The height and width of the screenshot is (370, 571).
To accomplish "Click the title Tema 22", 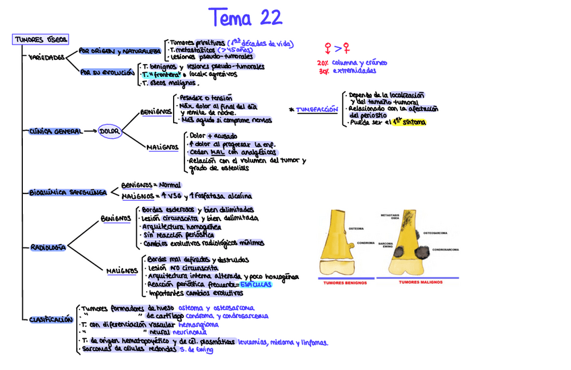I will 245,18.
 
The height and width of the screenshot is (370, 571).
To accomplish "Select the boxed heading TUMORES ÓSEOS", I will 40,40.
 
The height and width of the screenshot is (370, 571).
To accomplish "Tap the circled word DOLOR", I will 109,131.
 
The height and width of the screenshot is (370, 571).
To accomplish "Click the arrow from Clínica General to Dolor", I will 88,131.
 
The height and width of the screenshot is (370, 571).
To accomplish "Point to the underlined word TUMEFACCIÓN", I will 316,109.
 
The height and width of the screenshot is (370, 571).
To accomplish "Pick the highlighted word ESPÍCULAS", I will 256,285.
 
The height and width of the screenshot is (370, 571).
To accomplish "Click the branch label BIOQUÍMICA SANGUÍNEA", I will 68,192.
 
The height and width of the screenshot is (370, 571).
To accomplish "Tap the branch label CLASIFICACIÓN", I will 51,320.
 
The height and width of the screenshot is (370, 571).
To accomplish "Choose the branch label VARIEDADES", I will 46,58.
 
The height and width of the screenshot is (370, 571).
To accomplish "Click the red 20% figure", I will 323,62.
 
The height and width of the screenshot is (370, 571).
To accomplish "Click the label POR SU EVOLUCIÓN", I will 107,72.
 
